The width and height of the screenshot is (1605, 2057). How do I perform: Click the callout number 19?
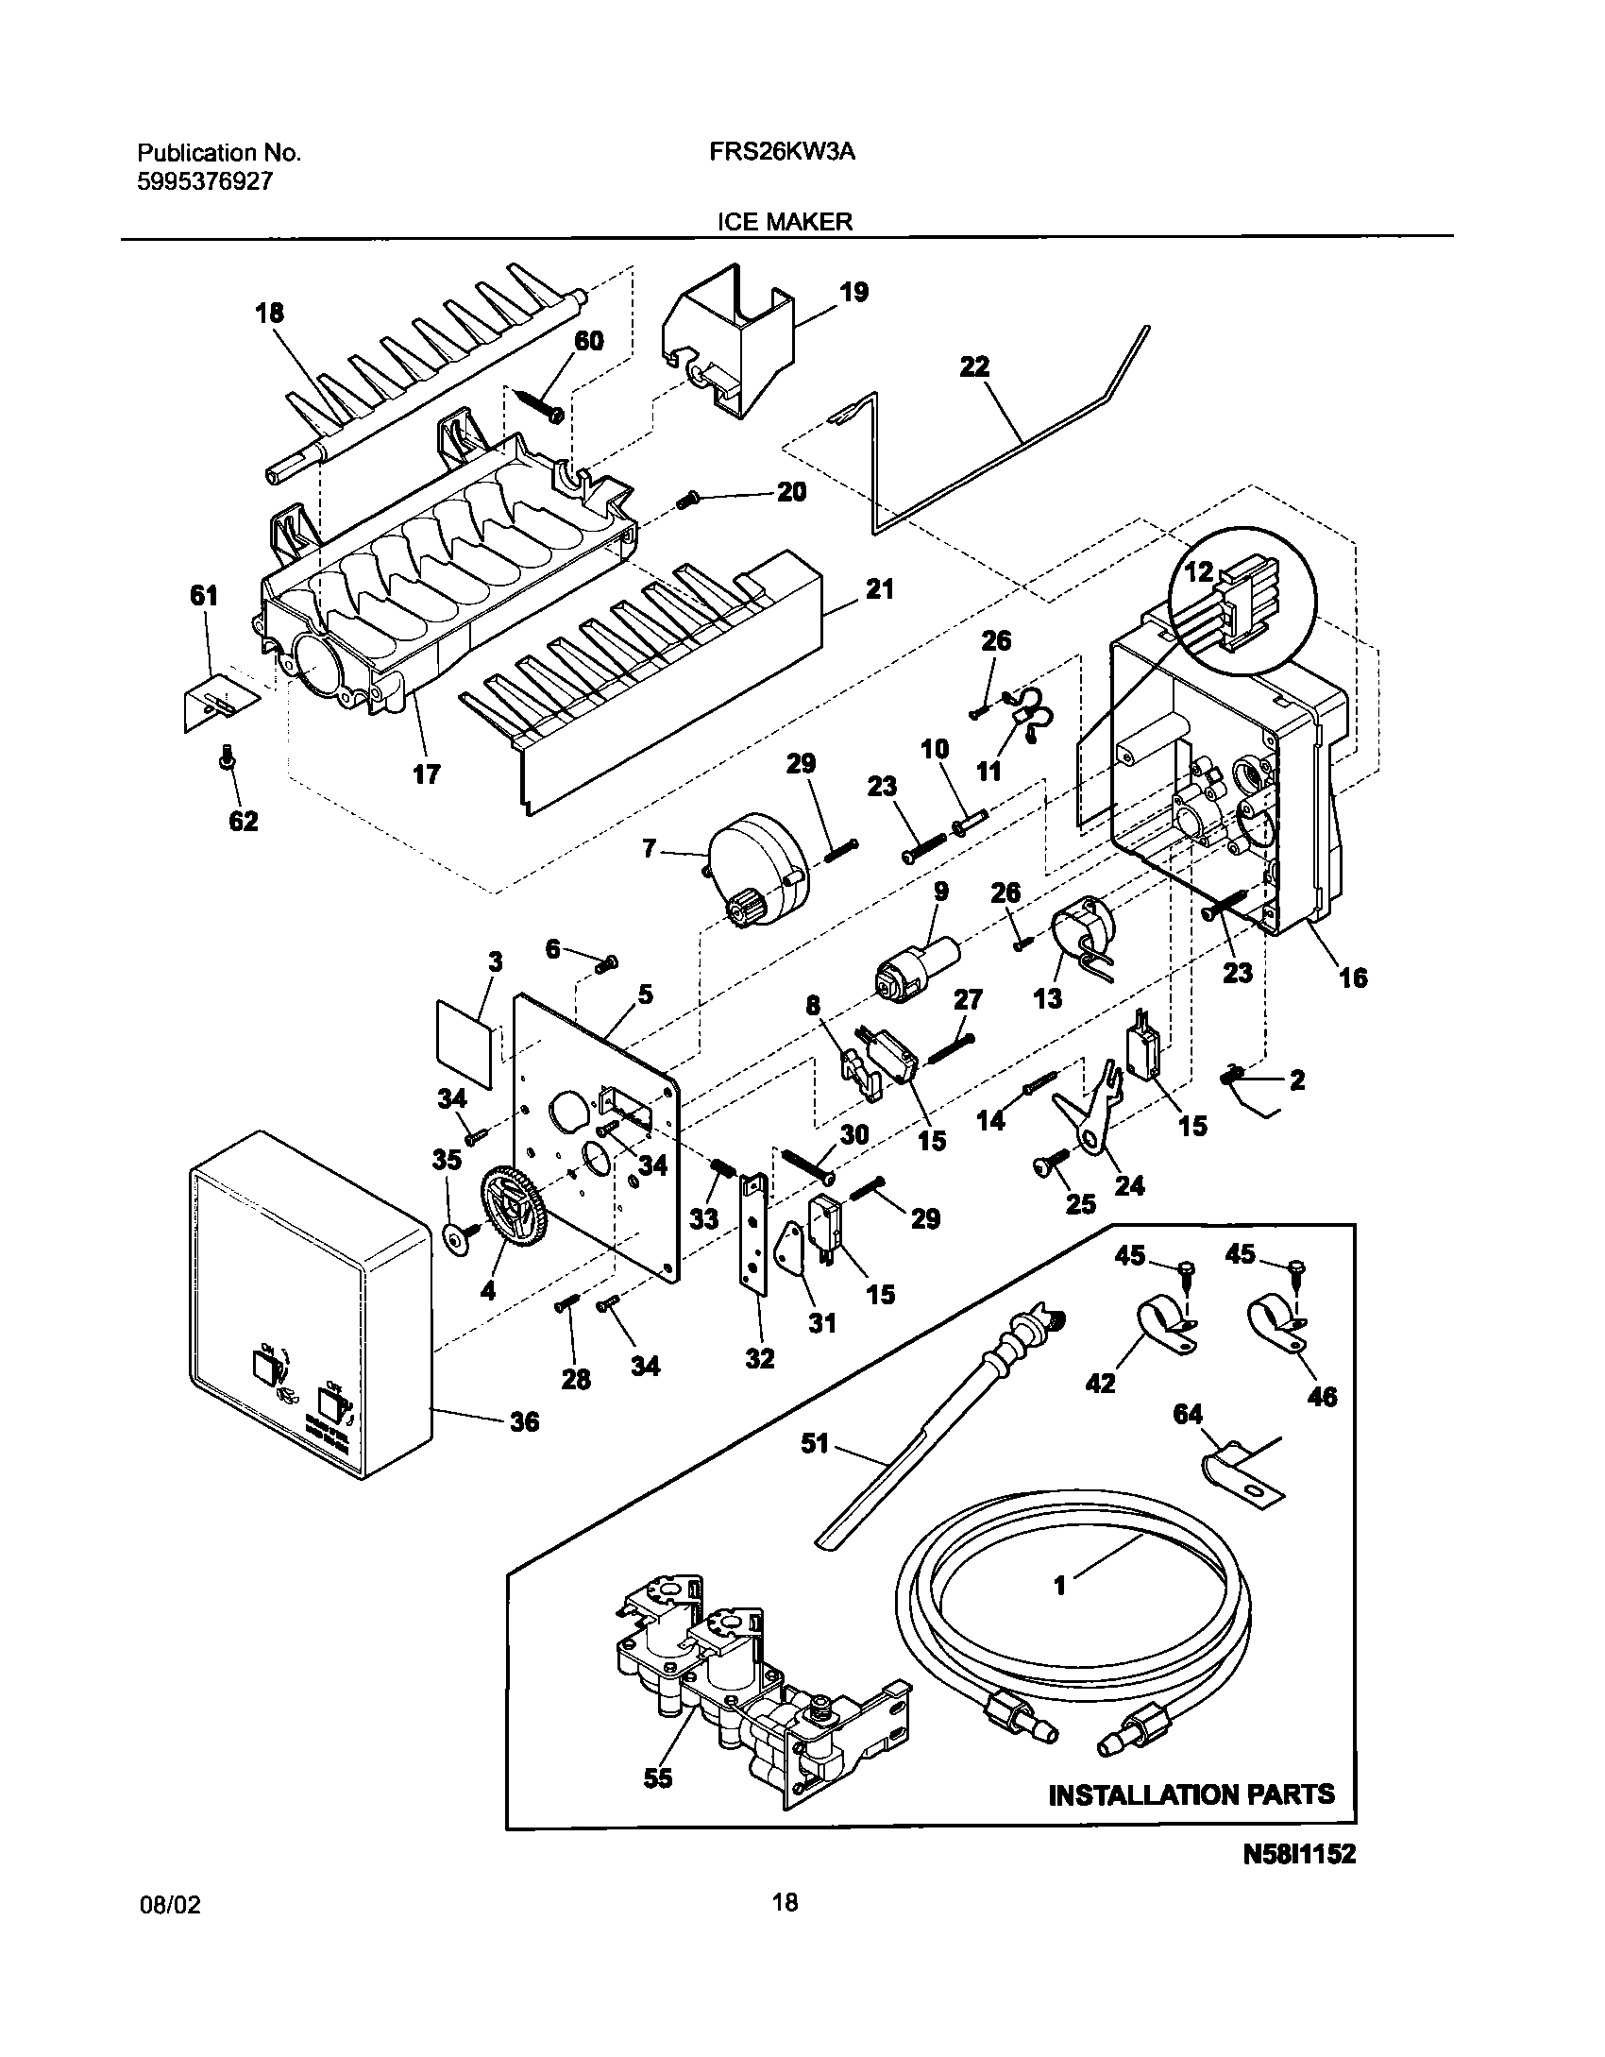pyautogui.click(x=853, y=293)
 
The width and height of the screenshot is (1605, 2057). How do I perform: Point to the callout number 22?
pyautogui.click(x=974, y=366)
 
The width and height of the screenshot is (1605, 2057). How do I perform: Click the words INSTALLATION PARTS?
pyautogui.click(x=1191, y=1794)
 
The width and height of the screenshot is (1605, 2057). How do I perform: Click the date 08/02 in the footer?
pyautogui.click(x=170, y=1931)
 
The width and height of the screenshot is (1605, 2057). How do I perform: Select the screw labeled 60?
pyautogui.click(x=539, y=402)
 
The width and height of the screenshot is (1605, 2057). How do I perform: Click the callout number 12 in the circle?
pyautogui.click(x=1197, y=572)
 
